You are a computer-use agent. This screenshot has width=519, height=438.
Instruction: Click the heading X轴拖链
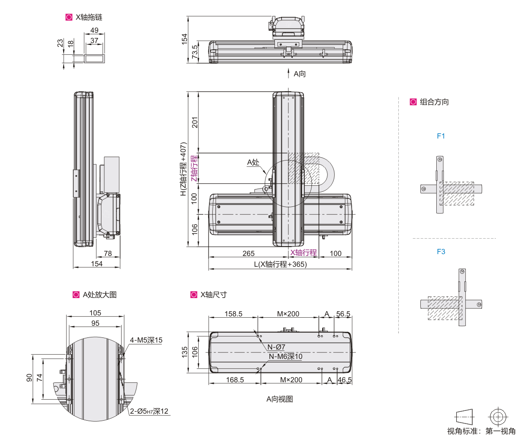(89, 17)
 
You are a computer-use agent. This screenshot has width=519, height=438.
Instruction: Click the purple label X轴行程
(303, 253)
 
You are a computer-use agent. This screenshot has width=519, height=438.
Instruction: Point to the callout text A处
(253, 162)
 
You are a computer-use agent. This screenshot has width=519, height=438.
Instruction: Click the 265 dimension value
(249, 253)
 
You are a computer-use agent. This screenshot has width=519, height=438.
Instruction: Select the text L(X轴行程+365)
(281, 264)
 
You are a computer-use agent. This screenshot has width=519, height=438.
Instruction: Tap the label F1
(441, 136)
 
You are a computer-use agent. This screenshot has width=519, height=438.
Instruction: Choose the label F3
(441, 252)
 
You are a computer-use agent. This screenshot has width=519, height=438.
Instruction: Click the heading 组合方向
(434, 102)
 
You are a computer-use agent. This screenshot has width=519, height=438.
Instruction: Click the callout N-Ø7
(276, 347)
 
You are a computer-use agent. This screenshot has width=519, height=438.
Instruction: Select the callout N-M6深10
(285, 357)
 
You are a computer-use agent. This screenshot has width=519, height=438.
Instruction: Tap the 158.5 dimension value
(233, 314)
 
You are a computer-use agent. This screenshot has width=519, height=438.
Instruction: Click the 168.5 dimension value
(235, 380)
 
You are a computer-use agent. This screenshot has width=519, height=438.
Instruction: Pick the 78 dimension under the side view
(108, 253)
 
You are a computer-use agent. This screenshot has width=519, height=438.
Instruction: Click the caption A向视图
(280, 399)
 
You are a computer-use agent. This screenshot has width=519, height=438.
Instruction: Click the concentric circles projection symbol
(498, 416)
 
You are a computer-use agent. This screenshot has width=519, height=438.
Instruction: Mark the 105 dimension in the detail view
(95, 313)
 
